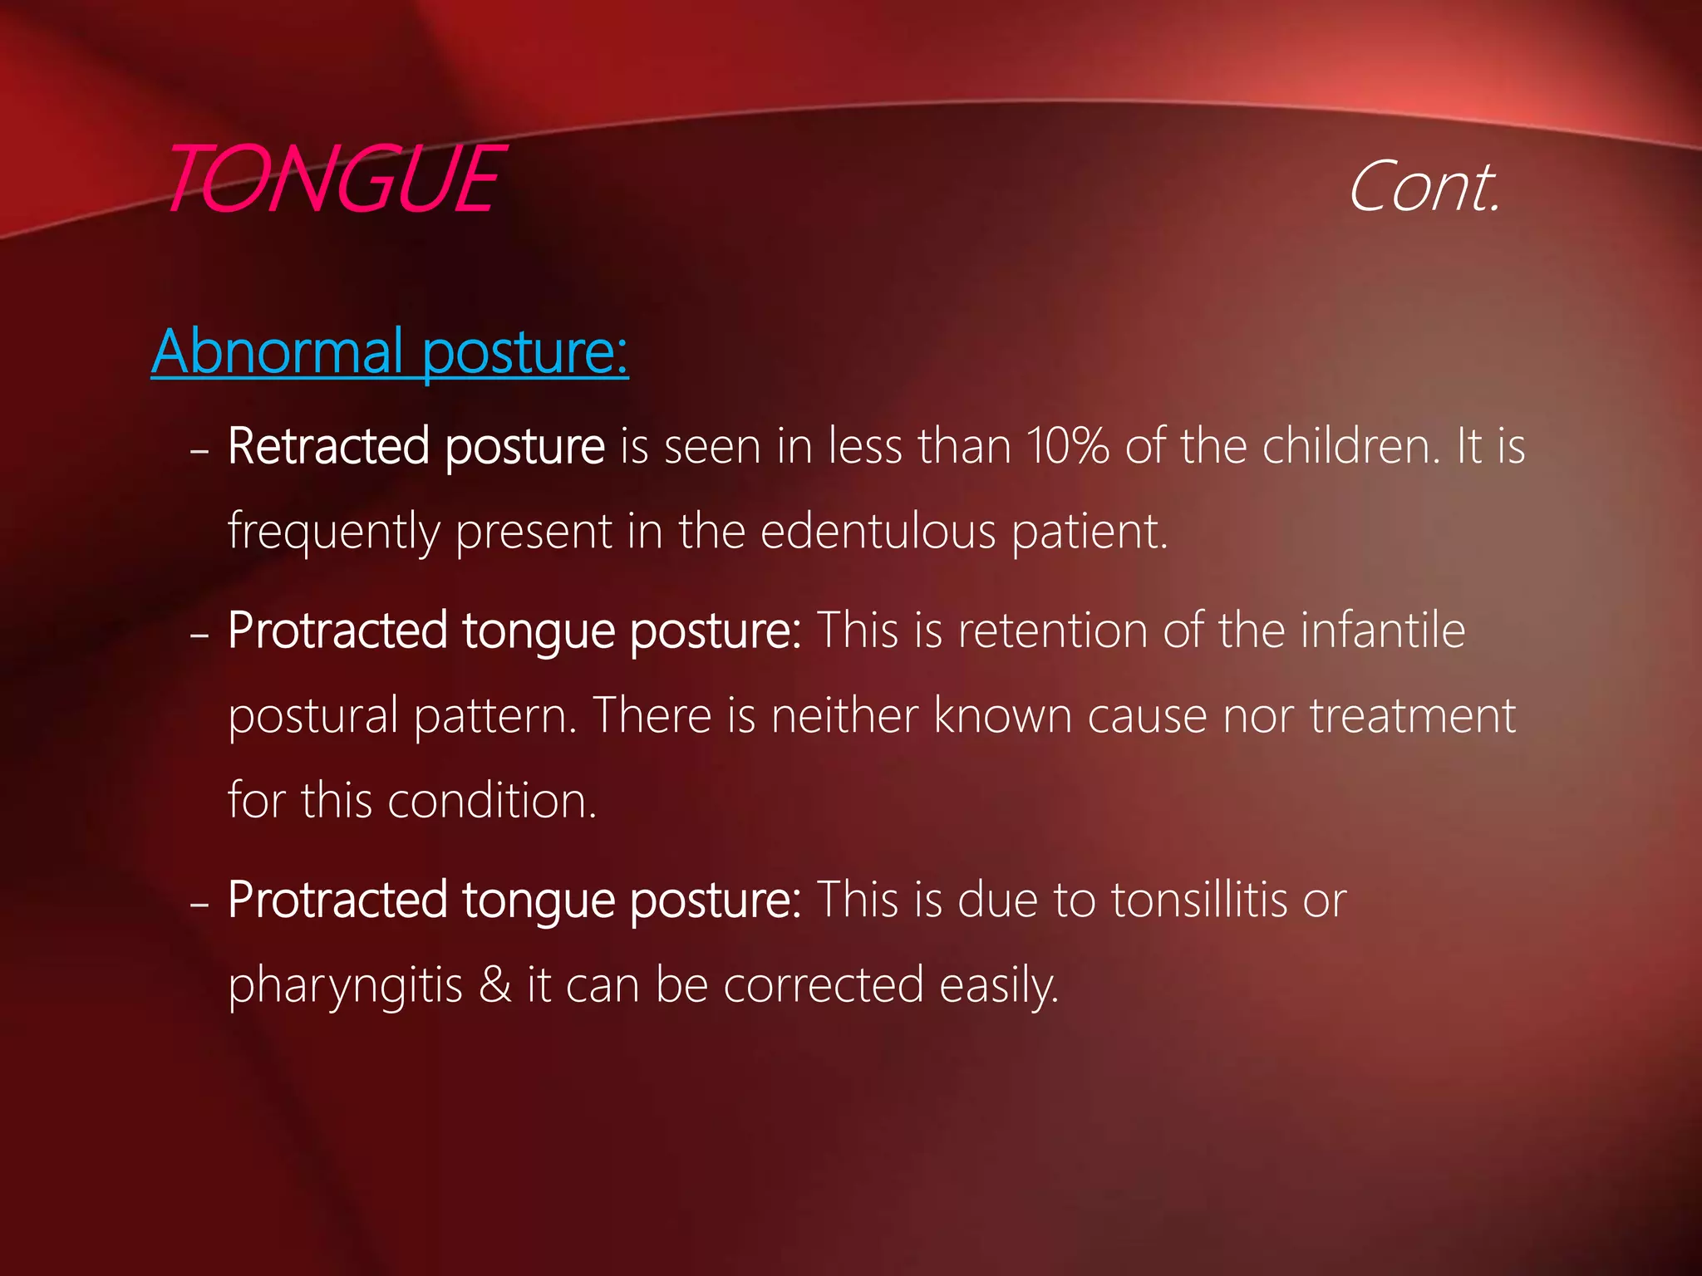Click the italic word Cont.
click(x=1424, y=188)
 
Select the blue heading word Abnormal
click(x=278, y=351)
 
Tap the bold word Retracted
click(x=328, y=446)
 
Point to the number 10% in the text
click(x=1067, y=446)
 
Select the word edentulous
click(x=878, y=531)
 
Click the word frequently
click(x=333, y=532)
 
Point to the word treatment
click(x=1413, y=715)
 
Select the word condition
click(x=491, y=801)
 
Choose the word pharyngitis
click(x=345, y=986)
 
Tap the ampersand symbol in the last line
click(x=495, y=984)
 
